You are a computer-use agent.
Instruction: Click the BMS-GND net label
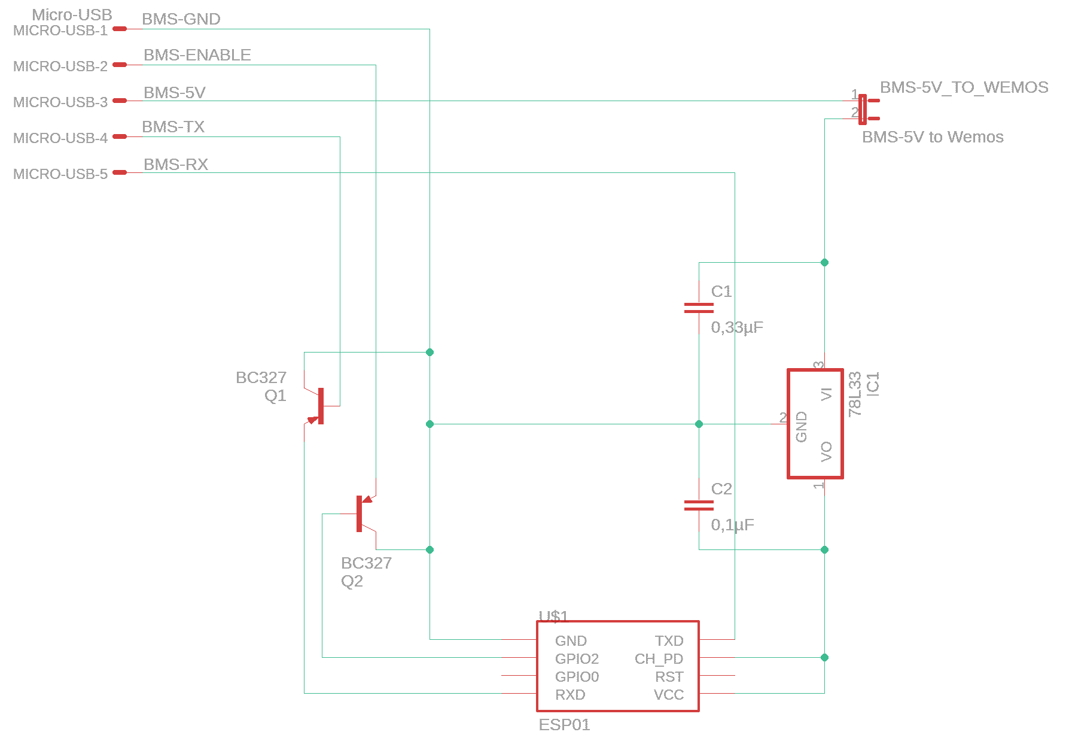(x=181, y=19)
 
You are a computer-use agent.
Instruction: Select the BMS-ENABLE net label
(x=197, y=55)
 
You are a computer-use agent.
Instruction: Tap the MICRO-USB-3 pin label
(x=60, y=102)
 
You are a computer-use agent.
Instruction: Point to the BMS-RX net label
(x=175, y=165)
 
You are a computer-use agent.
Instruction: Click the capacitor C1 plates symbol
(x=699, y=308)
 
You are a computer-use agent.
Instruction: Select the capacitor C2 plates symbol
(x=699, y=505)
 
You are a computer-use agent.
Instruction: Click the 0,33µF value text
(x=737, y=327)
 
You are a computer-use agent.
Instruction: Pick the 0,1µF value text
(x=732, y=525)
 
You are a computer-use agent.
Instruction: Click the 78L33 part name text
(x=855, y=393)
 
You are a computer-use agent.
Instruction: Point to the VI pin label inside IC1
(x=827, y=394)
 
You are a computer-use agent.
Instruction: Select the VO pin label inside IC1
(x=827, y=451)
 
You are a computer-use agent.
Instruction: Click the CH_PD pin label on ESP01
(x=659, y=659)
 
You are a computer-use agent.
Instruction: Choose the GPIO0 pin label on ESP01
(x=577, y=677)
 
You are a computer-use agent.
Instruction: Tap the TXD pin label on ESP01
(x=669, y=641)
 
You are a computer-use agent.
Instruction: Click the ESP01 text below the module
(x=564, y=725)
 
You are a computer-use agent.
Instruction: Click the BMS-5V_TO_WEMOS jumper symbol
(x=863, y=110)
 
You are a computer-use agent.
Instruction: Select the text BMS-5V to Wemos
(x=932, y=137)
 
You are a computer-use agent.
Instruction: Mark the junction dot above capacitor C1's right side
(x=824, y=262)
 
